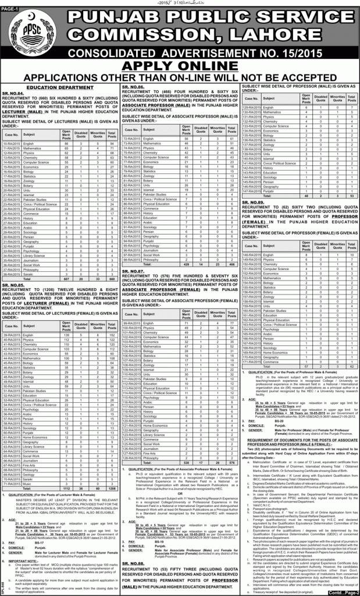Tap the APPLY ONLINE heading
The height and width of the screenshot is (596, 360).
click(x=180, y=65)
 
